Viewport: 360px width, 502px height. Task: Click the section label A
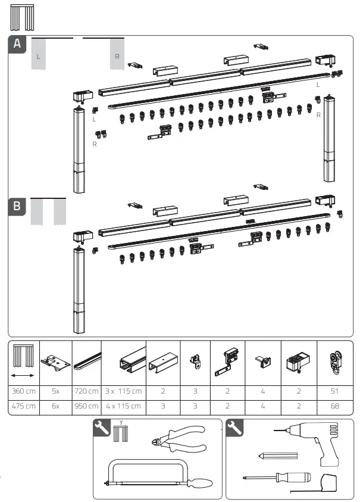pos(18,44)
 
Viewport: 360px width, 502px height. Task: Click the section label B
pos(18,206)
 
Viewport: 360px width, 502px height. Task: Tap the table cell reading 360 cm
pos(24,391)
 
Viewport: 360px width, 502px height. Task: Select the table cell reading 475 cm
pos(24,406)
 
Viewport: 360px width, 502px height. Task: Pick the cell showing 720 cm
pos(87,391)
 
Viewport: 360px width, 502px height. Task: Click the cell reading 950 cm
pos(87,406)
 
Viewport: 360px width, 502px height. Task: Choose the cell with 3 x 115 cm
pos(124,391)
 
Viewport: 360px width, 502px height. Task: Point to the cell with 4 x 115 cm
pos(124,406)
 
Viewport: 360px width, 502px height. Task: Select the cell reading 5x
pos(55,391)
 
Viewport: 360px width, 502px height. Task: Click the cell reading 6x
pos(55,406)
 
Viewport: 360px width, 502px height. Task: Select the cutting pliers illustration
pos(179,440)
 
